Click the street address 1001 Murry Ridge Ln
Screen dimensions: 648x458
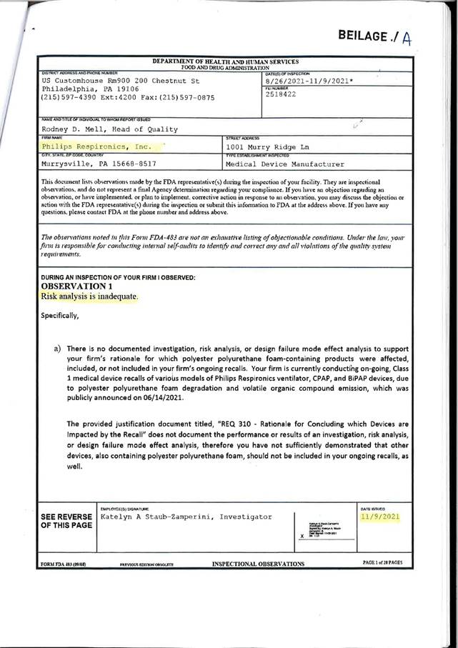[x=268, y=147]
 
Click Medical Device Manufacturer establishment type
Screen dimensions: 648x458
[x=284, y=164]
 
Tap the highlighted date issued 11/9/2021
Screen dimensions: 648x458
[x=379, y=517]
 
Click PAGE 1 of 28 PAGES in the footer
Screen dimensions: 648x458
[x=382, y=563]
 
